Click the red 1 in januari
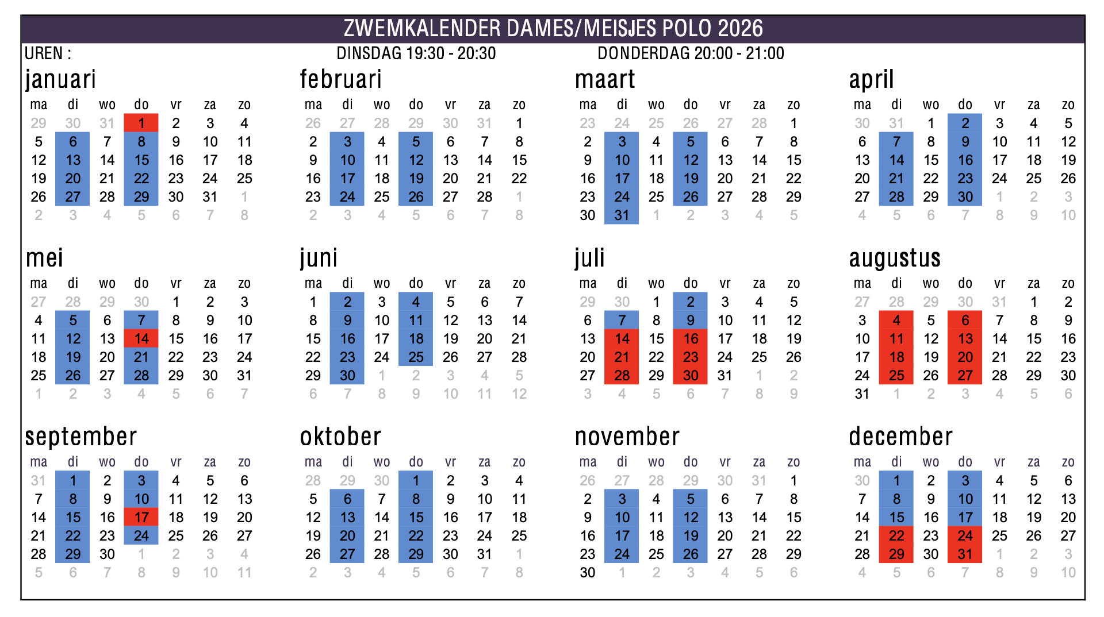pos(141,123)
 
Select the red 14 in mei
pos(141,338)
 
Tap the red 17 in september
pos(141,517)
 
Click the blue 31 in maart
pos(622,215)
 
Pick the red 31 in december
pos(965,554)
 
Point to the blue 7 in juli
pos(622,320)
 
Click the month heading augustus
pos(895,259)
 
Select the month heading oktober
pos(340,437)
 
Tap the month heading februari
pos(340,79)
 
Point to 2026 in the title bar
pos(741,28)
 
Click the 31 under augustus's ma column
pos(862,394)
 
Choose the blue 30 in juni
pos(347,375)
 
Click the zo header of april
pos(1068,105)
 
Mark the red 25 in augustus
pos(896,375)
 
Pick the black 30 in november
pos(588,572)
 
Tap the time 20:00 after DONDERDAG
pos(713,53)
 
